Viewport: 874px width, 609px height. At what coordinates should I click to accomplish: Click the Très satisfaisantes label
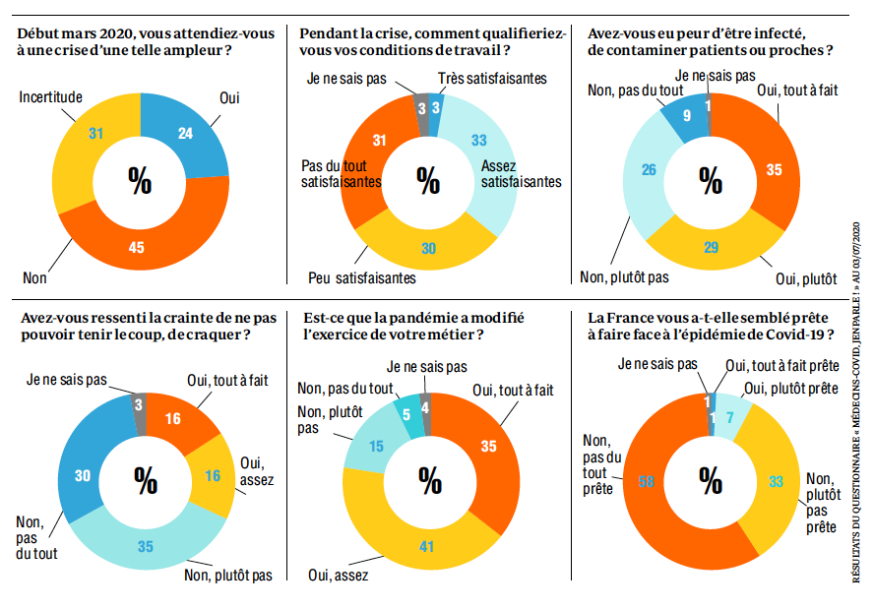pos(491,78)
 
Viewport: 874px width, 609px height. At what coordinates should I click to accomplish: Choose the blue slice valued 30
pos(84,474)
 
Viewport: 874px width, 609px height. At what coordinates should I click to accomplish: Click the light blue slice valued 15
pos(376,446)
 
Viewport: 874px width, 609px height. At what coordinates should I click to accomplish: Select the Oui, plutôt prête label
pos(791,388)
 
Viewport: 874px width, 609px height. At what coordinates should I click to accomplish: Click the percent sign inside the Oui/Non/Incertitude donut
pos(141,180)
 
